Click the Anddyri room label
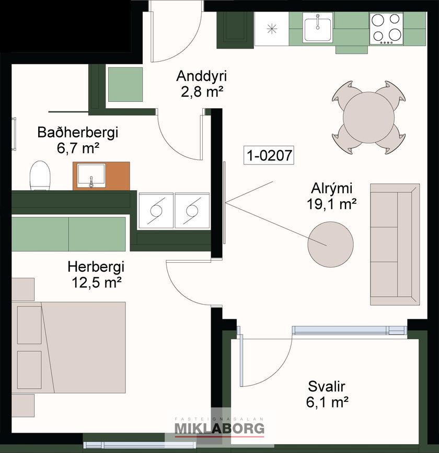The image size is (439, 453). pos(201,76)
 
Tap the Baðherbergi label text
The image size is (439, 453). pos(78,132)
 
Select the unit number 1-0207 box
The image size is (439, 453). pos(269,155)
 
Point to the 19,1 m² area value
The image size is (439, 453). pos(331,204)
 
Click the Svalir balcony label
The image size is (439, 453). pos(327,386)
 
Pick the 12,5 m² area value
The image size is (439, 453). pos(96,282)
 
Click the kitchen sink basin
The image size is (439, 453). pos(318,29)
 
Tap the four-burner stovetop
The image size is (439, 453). pos(387,28)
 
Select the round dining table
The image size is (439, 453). pos(369,117)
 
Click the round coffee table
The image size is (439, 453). pos(330,244)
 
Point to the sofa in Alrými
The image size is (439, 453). pos(395,245)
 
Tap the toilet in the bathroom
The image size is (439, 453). pos(40,176)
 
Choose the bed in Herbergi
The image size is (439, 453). pos(69,347)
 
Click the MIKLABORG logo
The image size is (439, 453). pos(219,428)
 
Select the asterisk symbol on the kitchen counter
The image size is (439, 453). pos(272,29)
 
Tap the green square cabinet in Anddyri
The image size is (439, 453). pos(125,84)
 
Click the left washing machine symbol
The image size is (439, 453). pos(156,211)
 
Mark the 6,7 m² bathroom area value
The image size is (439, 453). pos(78,148)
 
